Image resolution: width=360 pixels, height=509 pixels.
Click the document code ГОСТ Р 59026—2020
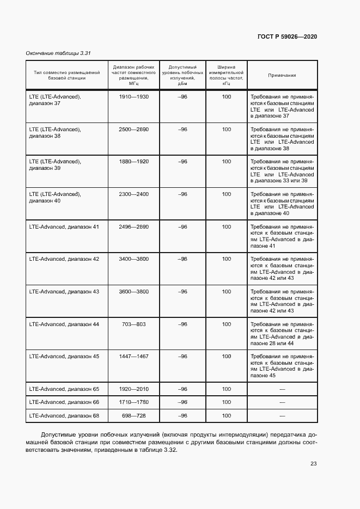pyautogui.click(x=287, y=36)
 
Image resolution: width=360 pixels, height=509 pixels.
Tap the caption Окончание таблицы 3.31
pyautogui.click(x=58, y=53)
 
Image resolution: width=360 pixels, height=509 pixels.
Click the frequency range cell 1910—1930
pyautogui.click(x=133, y=97)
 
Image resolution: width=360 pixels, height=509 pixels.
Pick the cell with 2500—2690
pyautogui.click(x=133, y=130)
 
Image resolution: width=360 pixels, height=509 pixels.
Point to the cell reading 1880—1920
pyautogui.click(x=133, y=162)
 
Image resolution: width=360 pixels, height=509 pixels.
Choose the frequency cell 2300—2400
pyautogui.click(x=133, y=194)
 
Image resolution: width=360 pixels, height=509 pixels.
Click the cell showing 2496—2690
pyautogui.click(x=133, y=226)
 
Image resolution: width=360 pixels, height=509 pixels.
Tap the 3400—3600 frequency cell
pyautogui.click(x=133, y=259)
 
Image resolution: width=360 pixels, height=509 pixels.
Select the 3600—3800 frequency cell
pyautogui.click(x=133, y=292)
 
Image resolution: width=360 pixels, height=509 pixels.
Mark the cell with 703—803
pyautogui.click(x=133, y=324)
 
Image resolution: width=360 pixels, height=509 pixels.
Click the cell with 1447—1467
pyautogui.click(x=133, y=357)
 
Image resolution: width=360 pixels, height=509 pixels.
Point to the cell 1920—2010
pyautogui.click(x=133, y=389)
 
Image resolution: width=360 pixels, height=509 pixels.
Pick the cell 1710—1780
pyautogui.click(x=133, y=402)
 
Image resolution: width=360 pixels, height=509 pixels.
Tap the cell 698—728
pyautogui.click(x=133, y=416)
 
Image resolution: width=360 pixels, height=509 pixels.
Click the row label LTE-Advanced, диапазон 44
pyautogui.click(x=64, y=324)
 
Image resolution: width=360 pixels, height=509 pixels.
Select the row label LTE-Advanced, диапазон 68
pyautogui.click(x=64, y=416)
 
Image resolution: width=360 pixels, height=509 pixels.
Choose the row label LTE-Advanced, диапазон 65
pyautogui.click(x=64, y=389)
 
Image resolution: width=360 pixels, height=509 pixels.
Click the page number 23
pyautogui.click(x=313, y=464)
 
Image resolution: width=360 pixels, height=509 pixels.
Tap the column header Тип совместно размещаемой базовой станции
pyautogui.click(x=67, y=75)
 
